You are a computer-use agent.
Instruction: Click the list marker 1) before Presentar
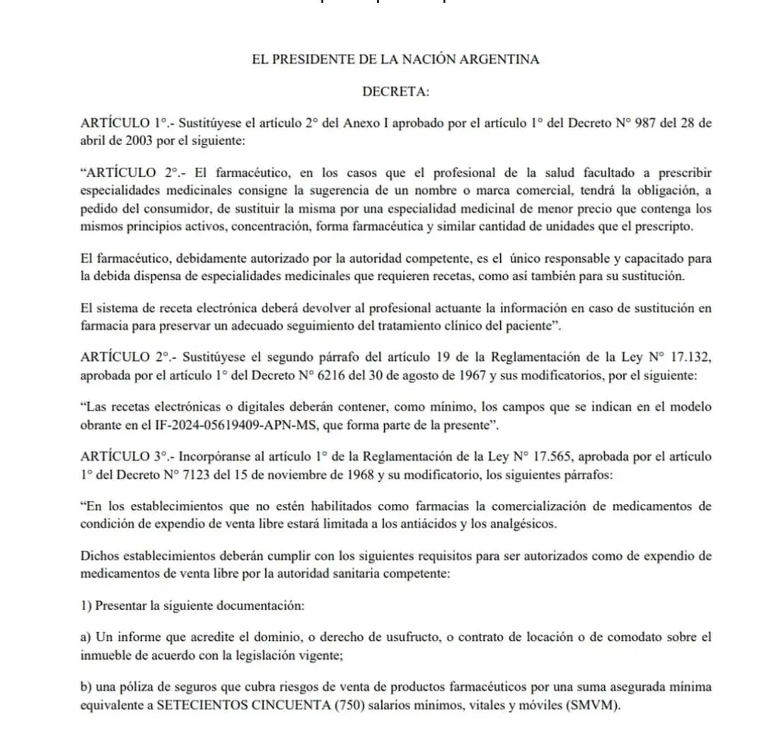pyautogui.click(x=87, y=605)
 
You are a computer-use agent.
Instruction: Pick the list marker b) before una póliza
pyautogui.click(x=87, y=687)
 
